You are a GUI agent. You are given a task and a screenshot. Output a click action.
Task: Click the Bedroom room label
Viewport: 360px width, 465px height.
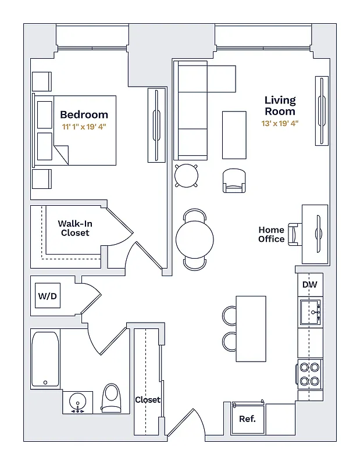pos(84,115)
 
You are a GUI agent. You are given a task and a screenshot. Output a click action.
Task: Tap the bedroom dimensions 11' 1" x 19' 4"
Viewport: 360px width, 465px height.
pos(84,126)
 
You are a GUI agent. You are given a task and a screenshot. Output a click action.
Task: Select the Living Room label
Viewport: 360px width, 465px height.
pos(280,106)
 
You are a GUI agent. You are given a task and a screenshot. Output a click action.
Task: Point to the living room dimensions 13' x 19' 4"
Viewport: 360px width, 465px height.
pos(280,123)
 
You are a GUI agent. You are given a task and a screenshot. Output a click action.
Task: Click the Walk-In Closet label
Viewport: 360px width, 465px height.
pos(75,228)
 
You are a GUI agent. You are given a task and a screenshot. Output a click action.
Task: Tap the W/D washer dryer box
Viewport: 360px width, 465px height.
pos(48,296)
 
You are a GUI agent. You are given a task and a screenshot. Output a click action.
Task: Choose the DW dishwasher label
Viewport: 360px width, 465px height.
pos(309,285)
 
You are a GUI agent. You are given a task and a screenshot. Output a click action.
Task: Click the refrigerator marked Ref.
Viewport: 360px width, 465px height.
pos(247,419)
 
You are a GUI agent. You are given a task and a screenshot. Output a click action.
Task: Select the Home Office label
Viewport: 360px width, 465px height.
pos(272,234)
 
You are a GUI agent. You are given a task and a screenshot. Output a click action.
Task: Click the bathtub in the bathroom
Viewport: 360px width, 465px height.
pos(45,359)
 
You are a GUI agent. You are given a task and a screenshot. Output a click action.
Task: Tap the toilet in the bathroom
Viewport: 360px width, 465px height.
pos(112,398)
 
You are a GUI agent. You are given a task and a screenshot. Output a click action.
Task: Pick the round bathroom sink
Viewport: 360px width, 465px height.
pos(77,402)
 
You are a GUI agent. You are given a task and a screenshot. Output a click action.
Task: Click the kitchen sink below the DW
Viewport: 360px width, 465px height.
pos(310,313)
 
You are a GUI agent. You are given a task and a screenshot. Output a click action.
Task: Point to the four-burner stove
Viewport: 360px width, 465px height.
pos(309,374)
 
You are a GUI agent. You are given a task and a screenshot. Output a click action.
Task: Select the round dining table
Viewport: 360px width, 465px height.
pos(195,239)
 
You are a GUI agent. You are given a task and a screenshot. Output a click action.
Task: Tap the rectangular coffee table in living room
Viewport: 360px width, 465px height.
pos(234,134)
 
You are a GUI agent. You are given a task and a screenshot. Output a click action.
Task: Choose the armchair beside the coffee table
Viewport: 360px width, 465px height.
pos(234,180)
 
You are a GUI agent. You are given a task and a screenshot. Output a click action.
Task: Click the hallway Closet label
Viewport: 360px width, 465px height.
pos(148,400)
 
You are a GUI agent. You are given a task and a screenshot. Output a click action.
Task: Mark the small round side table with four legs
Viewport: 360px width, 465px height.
pos(186,175)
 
